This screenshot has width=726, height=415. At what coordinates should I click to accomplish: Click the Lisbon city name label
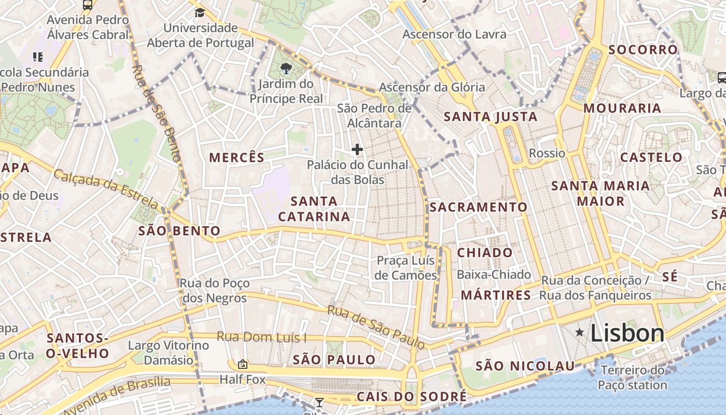(627, 333)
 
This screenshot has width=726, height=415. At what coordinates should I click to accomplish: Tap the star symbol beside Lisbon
(579, 332)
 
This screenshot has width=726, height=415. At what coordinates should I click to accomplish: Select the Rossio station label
(547, 153)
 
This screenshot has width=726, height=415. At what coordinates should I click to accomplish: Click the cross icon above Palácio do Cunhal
(357, 150)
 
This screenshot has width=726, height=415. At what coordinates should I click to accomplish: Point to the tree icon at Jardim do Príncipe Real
(286, 68)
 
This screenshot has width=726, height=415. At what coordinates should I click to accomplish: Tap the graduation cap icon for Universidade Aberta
(200, 12)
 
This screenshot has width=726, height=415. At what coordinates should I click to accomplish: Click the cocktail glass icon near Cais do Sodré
(319, 402)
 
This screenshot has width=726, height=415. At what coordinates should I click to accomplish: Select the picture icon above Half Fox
(242, 364)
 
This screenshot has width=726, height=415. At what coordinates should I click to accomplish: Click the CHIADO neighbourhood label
(485, 253)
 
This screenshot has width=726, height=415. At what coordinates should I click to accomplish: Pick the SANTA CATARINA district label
(314, 209)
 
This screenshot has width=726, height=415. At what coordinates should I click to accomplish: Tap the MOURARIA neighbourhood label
(622, 108)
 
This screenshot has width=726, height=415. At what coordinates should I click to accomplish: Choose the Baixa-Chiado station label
(494, 274)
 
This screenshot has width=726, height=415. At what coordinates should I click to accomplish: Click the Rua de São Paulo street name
(376, 327)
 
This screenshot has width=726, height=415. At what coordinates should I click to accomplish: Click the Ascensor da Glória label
(432, 87)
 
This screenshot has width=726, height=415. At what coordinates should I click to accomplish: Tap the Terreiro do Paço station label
(632, 378)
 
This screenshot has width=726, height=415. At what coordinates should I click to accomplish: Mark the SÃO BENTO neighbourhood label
(179, 231)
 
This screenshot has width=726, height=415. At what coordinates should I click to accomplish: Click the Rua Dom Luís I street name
(261, 337)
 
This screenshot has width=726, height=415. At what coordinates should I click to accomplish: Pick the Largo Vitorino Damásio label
(169, 352)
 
